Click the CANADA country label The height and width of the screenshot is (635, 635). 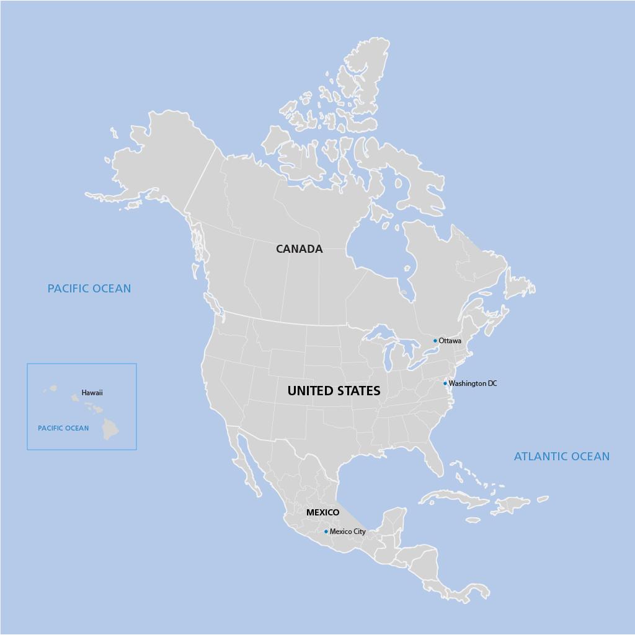pyautogui.click(x=299, y=249)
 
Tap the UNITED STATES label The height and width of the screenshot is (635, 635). pyautogui.click(x=334, y=391)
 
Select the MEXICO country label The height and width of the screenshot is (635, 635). pyautogui.click(x=322, y=512)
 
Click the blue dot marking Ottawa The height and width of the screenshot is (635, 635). pyautogui.click(x=435, y=341)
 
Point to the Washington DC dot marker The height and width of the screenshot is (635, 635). pyautogui.click(x=445, y=383)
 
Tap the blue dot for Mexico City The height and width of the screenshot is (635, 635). pyautogui.click(x=326, y=532)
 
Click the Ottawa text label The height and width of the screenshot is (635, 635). pyautogui.click(x=450, y=341)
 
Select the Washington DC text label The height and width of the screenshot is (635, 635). pyautogui.click(x=473, y=383)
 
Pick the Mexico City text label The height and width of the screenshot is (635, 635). pyautogui.click(x=348, y=532)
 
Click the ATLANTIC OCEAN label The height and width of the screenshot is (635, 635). pyautogui.click(x=561, y=457)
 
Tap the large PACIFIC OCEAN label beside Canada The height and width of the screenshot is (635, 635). pyautogui.click(x=89, y=289)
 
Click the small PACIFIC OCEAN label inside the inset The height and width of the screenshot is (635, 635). pyautogui.click(x=63, y=428)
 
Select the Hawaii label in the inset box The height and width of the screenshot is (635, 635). pyautogui.click(x=92, y=393)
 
